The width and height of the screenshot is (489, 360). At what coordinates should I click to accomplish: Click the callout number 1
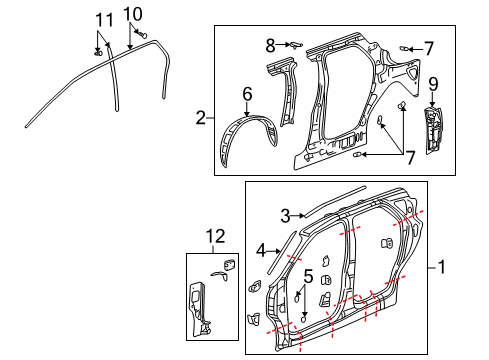(442, 268)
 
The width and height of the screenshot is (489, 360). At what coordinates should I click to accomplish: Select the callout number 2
(201, 118)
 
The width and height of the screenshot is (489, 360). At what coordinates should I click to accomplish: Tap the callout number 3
(285, 215)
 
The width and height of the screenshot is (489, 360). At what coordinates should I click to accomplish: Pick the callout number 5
(309, 275)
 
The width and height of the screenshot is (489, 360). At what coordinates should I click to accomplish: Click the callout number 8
(270, 44)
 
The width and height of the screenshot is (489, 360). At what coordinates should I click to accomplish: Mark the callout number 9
(433, 83)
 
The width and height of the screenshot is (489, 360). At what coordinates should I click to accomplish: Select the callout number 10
(133, 13)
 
